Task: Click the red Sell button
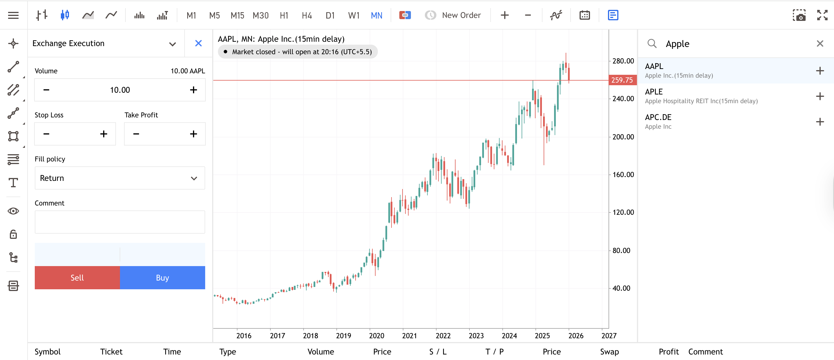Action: coord(77,277)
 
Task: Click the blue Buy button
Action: coord(162,277)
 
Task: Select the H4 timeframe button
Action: coord(306,15)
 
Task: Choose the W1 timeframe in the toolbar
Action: coord(354,15)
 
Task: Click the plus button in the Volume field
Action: coord(193,90)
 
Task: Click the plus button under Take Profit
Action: coord(193,134)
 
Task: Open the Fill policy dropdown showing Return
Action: coord(120,178)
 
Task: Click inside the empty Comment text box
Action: coord(120,222)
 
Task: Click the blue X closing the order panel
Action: coord(199,43)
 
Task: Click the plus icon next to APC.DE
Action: coord(820,122)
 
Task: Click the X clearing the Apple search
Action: coord(820,43)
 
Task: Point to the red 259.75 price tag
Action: coord(622,80)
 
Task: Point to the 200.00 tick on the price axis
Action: coord(622,137)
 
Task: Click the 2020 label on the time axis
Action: coord(376,335)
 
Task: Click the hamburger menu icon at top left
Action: coord(13,15)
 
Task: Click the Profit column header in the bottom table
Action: coord(668,351)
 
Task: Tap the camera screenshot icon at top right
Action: coord(799,15)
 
